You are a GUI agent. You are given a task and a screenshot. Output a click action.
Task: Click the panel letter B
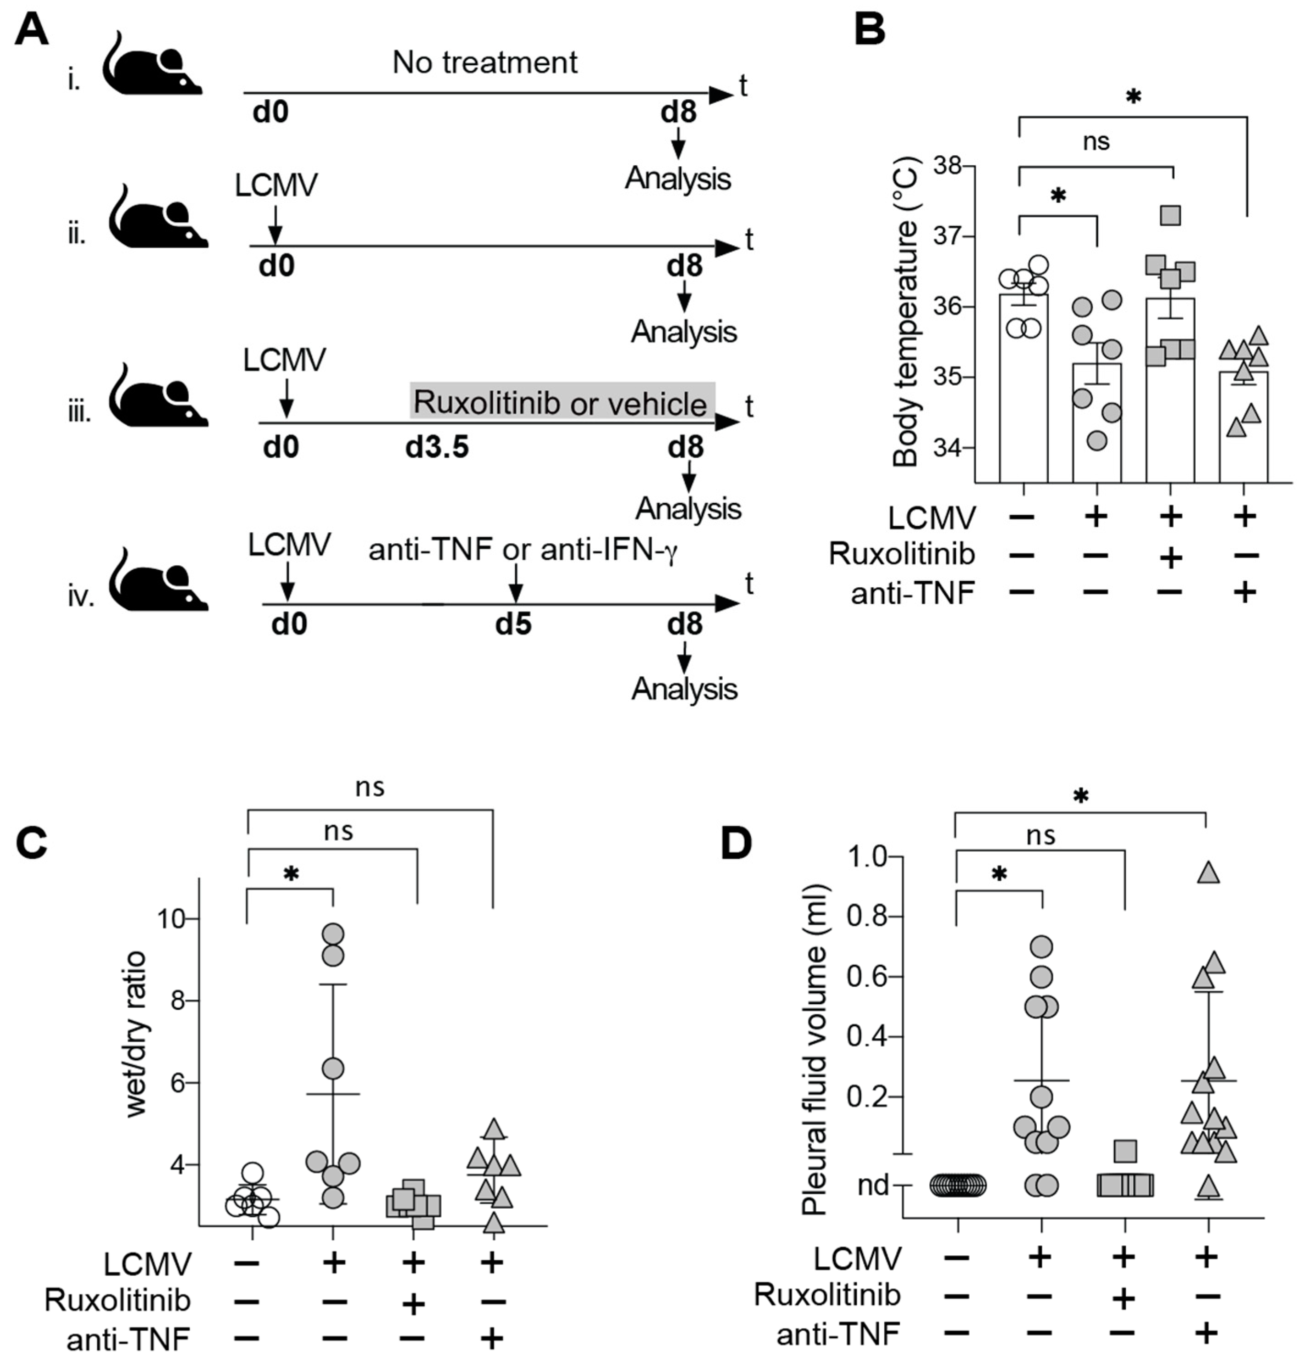click(x=869, y=29)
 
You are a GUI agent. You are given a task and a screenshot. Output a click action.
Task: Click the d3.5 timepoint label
click(x=437, y=448)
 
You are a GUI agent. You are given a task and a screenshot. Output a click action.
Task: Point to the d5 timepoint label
click(x=513, y=625)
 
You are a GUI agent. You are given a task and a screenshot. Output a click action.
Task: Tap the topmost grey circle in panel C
click(x=334, y=933)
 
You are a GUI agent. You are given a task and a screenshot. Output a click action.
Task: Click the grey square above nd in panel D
click(x=1125, y=1151)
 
